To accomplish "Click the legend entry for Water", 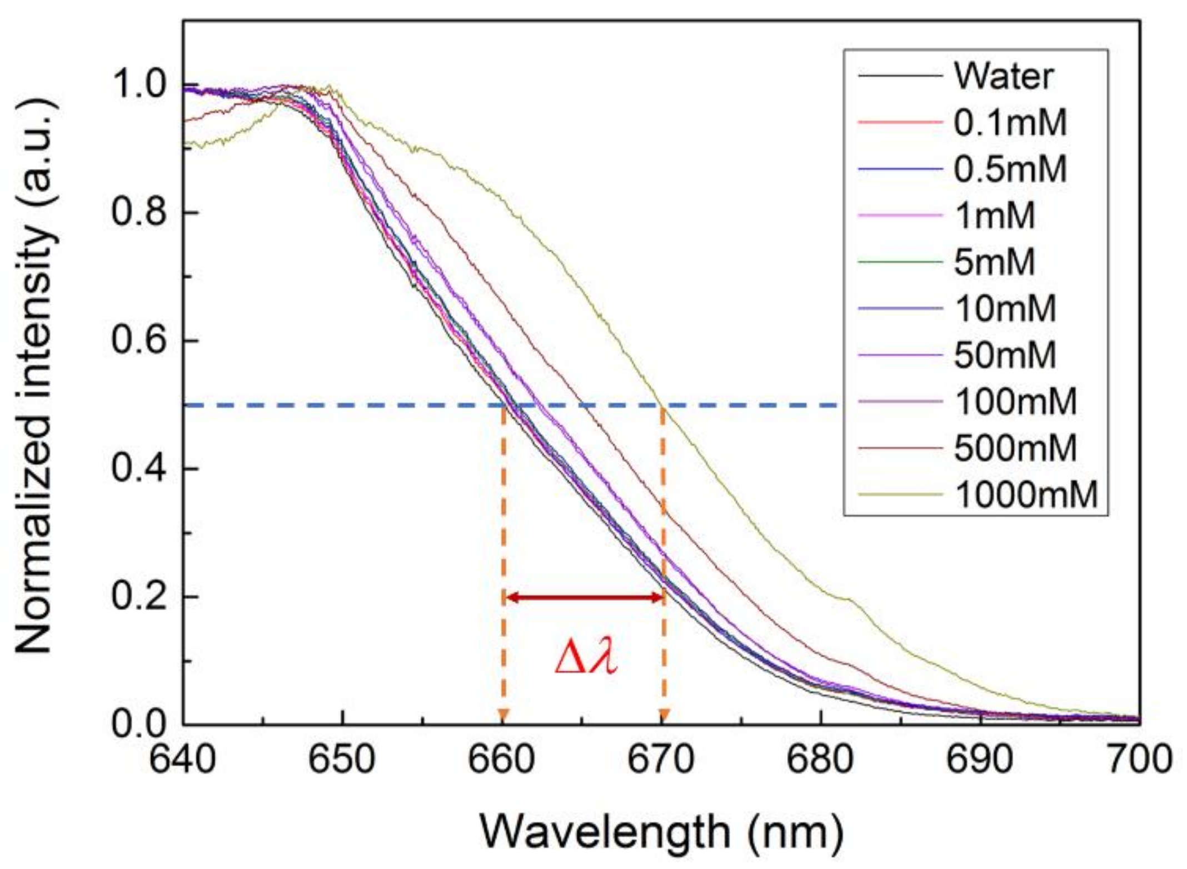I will [1003, 76].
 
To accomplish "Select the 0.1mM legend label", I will [1010, 122].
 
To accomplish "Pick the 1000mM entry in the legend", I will [1025, 494].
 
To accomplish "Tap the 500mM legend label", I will [1015, 448].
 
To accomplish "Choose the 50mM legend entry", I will [1005, 354].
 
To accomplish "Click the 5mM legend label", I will [994, 262].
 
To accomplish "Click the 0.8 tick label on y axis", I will [139, 212].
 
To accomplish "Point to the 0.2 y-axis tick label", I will [139, 597].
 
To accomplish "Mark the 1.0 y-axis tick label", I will [139, 84].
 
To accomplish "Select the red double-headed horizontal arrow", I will [583, 598].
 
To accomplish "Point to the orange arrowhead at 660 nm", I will [503, 715].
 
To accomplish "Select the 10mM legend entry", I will [1005, 308].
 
